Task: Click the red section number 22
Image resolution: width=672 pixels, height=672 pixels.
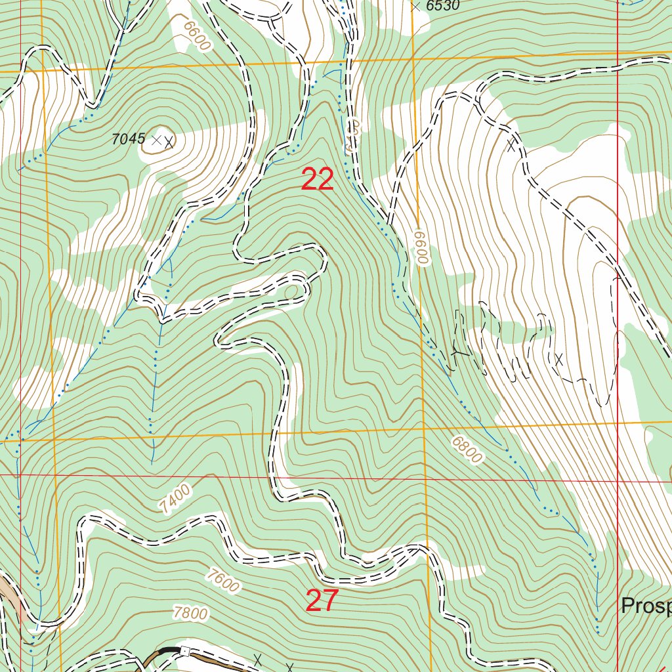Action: (318, 180)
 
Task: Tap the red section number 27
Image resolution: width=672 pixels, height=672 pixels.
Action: (322, 600)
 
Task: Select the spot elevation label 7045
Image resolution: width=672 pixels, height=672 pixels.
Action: (128, 138)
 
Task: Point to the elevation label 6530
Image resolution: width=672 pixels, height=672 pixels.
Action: (443, 6)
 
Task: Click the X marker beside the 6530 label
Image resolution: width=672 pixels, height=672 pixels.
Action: (415, 6)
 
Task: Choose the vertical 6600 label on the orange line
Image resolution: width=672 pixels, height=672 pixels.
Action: (421, 247)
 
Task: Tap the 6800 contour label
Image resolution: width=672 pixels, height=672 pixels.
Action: (467, 450)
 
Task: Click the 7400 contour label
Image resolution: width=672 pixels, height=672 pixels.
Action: (175, 498)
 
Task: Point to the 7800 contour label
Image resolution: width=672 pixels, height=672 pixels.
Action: (191, 614)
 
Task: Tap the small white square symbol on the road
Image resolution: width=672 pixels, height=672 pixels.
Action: (185, 651)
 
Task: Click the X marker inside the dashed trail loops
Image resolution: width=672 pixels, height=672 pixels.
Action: (559, 358)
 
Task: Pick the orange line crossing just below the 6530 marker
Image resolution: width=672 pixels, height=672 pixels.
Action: (413, 59)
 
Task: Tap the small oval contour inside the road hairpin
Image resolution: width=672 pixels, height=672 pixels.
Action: (292, 290)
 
